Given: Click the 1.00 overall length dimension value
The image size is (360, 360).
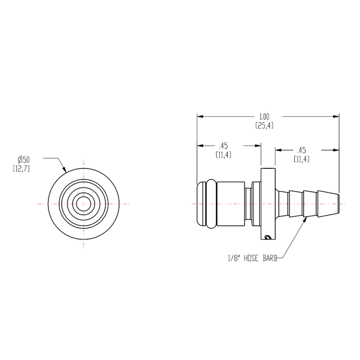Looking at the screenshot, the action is tap(264, 117).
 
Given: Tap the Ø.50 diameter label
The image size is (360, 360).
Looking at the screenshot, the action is tap(24, 159).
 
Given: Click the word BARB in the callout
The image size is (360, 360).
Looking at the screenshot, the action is tap(270, 258).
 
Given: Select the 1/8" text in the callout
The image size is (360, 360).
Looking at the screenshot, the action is tap(234, 258).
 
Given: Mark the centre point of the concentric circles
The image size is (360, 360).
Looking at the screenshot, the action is tap(84, 204).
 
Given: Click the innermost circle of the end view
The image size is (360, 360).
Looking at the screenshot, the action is tap(84, 197).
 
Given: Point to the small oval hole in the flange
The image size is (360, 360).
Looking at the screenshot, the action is tap(267, 237).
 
